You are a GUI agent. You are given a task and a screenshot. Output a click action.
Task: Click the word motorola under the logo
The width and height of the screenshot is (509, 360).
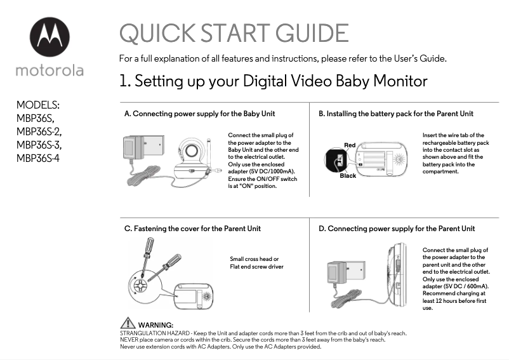coord(50,70)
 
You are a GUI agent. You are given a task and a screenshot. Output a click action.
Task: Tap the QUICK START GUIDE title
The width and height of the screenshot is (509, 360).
coord(234,34)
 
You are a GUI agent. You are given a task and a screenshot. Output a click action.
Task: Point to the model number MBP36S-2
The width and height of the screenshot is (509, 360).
coord(39,131)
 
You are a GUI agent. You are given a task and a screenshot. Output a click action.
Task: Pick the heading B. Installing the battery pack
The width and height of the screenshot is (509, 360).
coord(395,114)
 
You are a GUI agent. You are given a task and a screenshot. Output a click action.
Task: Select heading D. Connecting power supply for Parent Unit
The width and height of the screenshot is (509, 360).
coord(397,228)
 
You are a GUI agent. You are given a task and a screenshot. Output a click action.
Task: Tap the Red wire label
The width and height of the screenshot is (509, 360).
coord(350,145)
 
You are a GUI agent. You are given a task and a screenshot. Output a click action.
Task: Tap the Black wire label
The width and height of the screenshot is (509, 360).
coord(348,176)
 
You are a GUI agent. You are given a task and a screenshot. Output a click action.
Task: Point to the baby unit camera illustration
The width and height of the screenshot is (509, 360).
coord(191,159)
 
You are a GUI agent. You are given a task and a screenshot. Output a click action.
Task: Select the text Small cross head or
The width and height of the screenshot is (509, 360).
coord(254,259)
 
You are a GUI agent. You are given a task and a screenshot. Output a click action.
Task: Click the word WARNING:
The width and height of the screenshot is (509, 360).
coord(155,325)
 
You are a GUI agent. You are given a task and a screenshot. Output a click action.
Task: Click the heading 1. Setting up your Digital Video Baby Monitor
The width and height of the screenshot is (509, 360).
coord(273,82)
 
